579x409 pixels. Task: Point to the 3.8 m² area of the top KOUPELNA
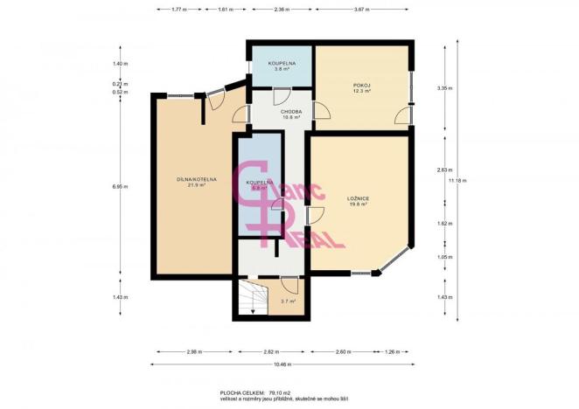coord(280,69)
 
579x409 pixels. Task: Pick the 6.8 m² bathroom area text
coord(258,187)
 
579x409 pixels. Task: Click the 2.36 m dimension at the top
coord(281,9)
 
